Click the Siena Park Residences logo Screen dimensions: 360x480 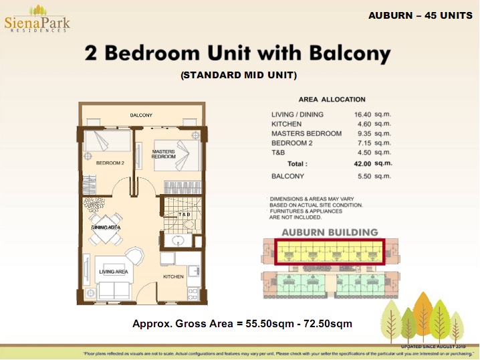37,20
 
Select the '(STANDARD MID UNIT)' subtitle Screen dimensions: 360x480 239,75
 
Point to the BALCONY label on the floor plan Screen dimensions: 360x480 141,115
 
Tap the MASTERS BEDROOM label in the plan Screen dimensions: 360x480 163,154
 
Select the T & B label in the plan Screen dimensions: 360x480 184,214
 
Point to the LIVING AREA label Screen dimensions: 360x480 113,272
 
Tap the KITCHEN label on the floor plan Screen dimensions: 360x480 173,276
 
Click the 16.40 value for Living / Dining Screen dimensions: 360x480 362,114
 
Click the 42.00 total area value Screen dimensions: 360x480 362,163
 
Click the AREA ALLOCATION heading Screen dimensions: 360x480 332,99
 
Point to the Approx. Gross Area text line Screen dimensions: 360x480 242,325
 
